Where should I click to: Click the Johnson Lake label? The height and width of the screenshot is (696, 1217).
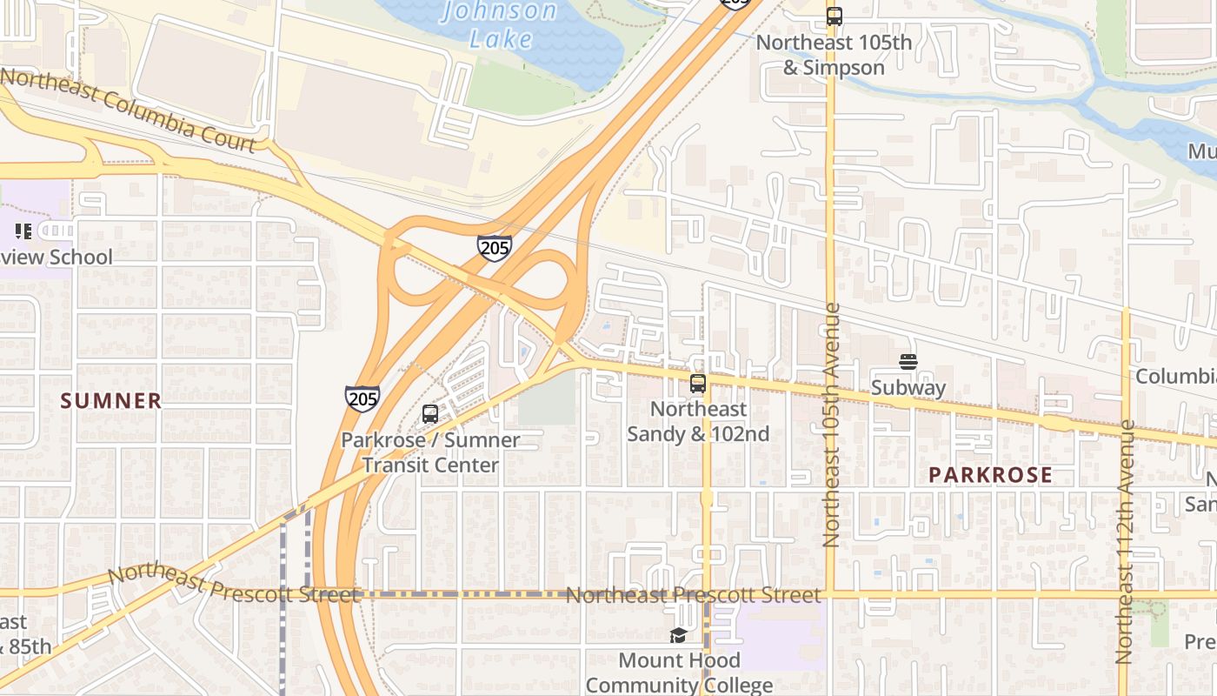tap(500, 24)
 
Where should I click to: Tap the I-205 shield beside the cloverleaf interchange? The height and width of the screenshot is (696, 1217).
tap(494, 247)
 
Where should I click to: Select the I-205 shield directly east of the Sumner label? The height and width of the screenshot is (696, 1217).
tap(362, 398)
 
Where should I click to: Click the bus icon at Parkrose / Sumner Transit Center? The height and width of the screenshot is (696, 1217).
tap(430, 414)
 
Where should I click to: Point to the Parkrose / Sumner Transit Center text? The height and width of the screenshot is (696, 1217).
tap(430, 452)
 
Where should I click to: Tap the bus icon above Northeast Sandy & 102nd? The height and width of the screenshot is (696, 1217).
tap(697, 383)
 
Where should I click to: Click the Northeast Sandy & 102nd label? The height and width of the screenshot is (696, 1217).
tap(698, 421)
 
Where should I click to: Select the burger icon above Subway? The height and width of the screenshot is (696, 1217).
tap(908, 362)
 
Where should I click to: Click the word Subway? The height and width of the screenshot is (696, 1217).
tap(908, 388)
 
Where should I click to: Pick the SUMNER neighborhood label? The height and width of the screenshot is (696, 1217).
tap(111, 400)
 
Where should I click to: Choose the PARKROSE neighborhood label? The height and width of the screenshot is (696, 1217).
tap(990, 475)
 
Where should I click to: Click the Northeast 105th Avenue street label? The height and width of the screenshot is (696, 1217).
tap(831, 425)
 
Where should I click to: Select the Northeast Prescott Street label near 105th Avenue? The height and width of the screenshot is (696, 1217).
tap(693, 595)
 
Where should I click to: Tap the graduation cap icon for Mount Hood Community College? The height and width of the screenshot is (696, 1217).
tap(678, 636)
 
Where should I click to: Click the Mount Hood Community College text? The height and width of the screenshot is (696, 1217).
tap(679, 673)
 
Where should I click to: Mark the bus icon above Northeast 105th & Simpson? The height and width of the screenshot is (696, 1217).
tap(835, 16)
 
